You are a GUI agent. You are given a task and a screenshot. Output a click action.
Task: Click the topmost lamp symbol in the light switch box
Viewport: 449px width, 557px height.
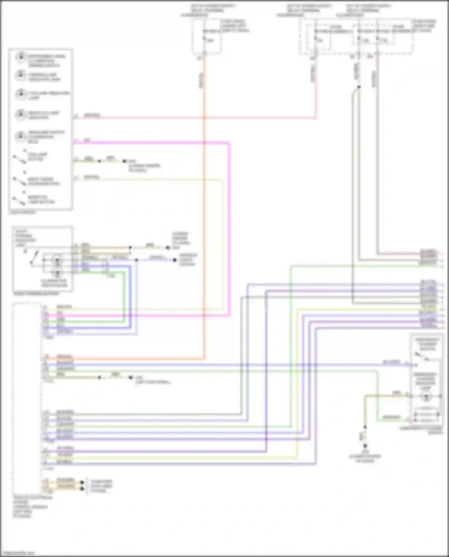21,57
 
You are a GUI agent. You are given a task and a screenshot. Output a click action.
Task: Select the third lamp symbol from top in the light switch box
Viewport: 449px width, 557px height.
21,94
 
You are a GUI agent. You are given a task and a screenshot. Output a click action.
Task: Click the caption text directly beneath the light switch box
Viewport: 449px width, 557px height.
22,213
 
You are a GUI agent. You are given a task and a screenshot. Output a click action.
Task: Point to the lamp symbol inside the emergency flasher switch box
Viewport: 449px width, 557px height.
425,397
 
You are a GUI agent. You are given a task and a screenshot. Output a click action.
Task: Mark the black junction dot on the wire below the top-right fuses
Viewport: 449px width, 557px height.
359,87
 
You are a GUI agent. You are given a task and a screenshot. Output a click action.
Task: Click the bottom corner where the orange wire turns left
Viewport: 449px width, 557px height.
204,358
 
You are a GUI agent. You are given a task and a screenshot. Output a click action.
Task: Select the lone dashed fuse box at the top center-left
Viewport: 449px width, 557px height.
206,37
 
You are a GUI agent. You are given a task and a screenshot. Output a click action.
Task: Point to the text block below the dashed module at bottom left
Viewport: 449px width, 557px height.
30,506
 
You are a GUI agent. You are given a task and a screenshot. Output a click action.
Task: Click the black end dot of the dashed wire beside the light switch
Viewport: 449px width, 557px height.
125,161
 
